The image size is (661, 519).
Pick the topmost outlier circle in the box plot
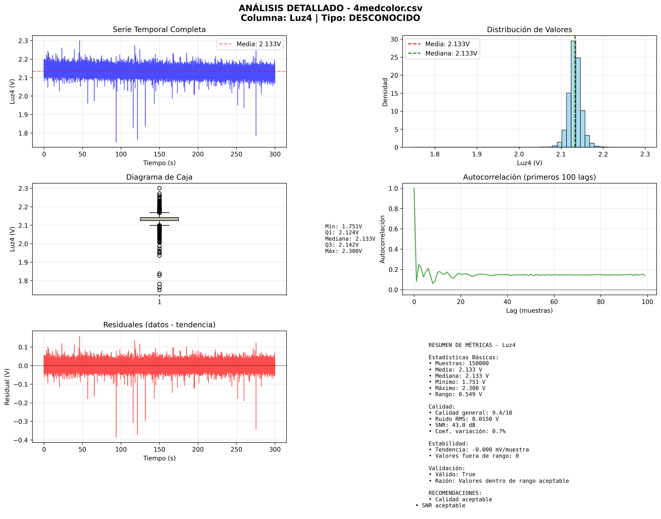[159, 188]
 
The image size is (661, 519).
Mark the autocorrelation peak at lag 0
[414, 189]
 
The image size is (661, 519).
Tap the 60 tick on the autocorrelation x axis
[554, 302]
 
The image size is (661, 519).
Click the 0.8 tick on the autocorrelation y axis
[393, 209]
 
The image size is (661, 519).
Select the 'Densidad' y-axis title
[385, 92]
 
